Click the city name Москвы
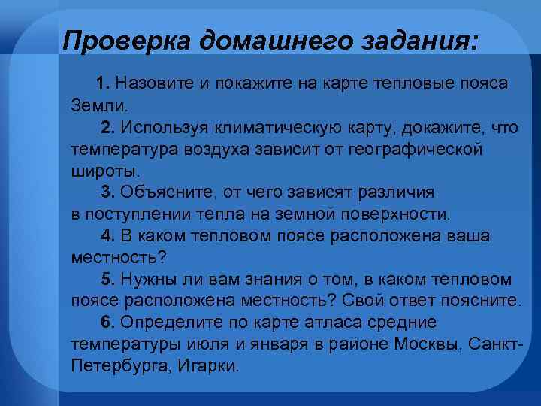coord(431,344)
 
